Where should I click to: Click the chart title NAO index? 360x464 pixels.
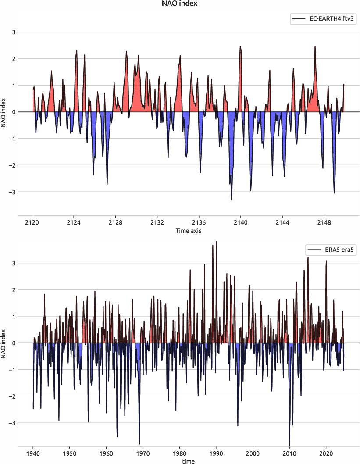(x=180, y=4)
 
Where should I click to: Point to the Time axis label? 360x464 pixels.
(x=189, y=231)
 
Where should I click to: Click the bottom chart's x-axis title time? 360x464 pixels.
(x=189, y=461)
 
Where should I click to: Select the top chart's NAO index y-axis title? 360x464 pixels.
(x=4, y=112)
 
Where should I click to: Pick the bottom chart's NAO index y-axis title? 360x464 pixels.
(x=4, y=343)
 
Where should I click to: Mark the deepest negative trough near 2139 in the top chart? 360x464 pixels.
(x=232, y=200)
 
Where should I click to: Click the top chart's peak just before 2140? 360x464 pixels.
(x=240, y=46)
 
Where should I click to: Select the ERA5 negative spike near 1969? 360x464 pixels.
(x=139, y=443)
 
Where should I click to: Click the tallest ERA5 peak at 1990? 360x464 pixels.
(x=217, y=242)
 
